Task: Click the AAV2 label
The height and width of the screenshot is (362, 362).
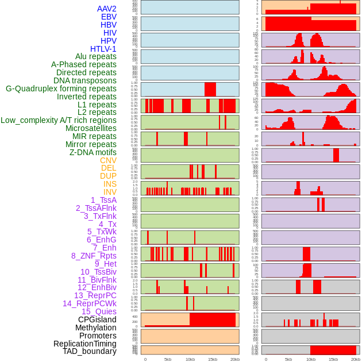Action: pyautogui.click(x=107, y=9)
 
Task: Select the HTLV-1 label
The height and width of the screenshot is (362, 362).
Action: pyautogui.click(x=103, y=49)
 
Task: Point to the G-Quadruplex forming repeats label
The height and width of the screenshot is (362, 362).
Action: pyautogui.click(x=61, y=88)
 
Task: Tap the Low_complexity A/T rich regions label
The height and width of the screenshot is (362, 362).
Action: pyautogui.click(x=59, y=120)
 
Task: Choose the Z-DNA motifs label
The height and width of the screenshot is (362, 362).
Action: pyautogui.click(x=93, y=152)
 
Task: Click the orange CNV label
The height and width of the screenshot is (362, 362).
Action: pyautogui.click(x=108, y=160)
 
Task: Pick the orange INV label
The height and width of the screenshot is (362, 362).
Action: pyautogui.click(x=110, y=192)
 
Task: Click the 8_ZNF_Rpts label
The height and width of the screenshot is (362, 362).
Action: pyautogui.click(x=94, y=256)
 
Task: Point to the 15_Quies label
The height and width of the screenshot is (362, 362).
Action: pyautogui.click(x=99, y=311)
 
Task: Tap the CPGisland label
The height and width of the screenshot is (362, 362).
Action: pyautogui.click(x=97, y=319)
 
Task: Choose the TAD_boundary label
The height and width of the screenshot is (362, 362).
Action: pyautogui.click(x=90, y=351)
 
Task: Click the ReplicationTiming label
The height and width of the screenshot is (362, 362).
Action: pyautogui.click(x=85, y=344)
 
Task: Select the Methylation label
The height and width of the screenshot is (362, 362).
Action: pyautogui.click(x=95, y=328)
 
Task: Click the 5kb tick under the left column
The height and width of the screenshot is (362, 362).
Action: pyautogui.click(x=168, y=359)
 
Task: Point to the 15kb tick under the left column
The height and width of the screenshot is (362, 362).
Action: pyautogui.click(x=213, y=359)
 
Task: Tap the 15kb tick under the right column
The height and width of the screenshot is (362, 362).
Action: pyautogui.click(x=333, y=359)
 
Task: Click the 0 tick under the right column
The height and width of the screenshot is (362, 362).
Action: pyautogui.click(x=266, y=359)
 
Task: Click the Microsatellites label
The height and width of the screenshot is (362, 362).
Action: pyautogui.click(x=91, y=128)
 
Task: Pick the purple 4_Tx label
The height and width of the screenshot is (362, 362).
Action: pyautogui.click(x=107, y=224)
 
